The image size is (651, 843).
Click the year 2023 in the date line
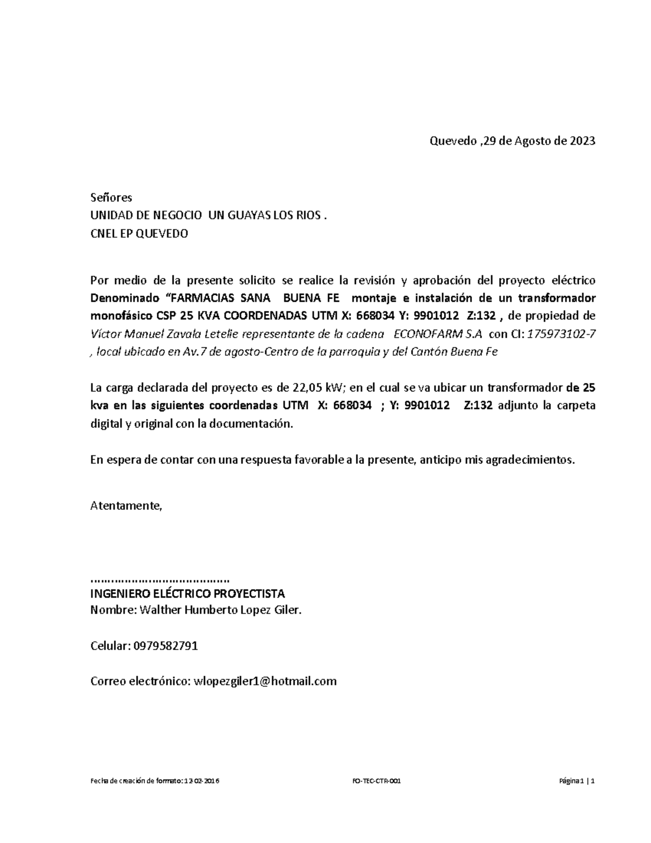pyautogui.click(x=582, y=141)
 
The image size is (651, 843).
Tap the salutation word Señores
pyautogui.click(x=111, y=197)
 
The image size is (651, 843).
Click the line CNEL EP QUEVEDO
pyautogui.click(x=139, y=234)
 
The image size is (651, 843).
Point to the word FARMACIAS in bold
pyautogui.click(x=202, y=298)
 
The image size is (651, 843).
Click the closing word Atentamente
pyautogui.click(x=126, y=506)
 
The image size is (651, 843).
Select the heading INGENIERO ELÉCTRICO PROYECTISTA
pyautogui.click(x=187, y=593)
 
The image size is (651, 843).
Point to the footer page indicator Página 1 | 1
pyautogui.click(x=577, y=781)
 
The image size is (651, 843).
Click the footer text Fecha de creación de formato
pyautogui.click(x=136, y=781)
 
